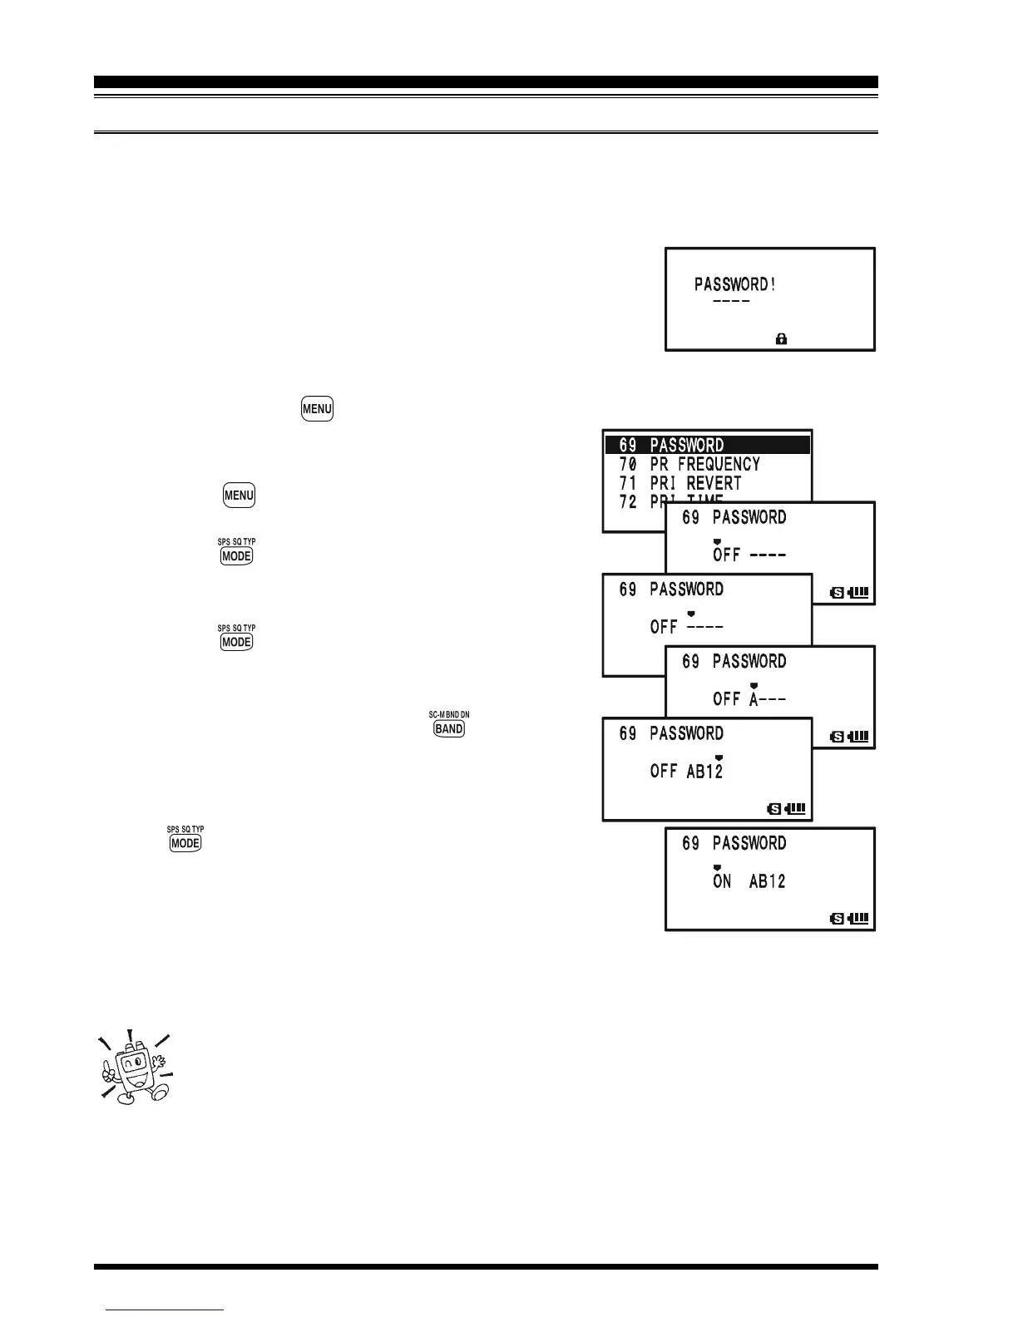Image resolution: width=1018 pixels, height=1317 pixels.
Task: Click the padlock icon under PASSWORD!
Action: click(781, 338)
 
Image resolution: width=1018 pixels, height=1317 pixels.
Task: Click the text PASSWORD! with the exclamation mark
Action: click(735, 284)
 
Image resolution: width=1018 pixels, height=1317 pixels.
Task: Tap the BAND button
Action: click(449, 728)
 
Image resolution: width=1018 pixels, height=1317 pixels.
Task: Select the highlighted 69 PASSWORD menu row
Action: click(707, 445)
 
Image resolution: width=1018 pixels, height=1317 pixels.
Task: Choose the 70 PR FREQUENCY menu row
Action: click(689, 464)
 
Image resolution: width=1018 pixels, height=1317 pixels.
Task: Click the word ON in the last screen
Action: click(722, 881)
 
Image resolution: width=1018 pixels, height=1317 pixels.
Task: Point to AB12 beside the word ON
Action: click(767, 881)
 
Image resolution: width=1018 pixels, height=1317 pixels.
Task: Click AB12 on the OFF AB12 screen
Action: click(704, 772)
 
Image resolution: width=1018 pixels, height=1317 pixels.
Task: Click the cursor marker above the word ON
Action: click(717, 867)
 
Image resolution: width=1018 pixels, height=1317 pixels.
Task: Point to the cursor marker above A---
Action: click(754, 685)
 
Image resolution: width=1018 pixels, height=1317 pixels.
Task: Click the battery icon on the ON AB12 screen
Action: click(858, 918)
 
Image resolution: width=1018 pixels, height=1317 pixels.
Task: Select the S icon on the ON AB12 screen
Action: click(838, 918)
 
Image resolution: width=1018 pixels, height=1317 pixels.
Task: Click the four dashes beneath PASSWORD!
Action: click(731, 301)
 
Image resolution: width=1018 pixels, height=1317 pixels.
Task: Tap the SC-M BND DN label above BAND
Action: click(449, 714)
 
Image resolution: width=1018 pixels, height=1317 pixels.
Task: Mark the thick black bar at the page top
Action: click(486, 82)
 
